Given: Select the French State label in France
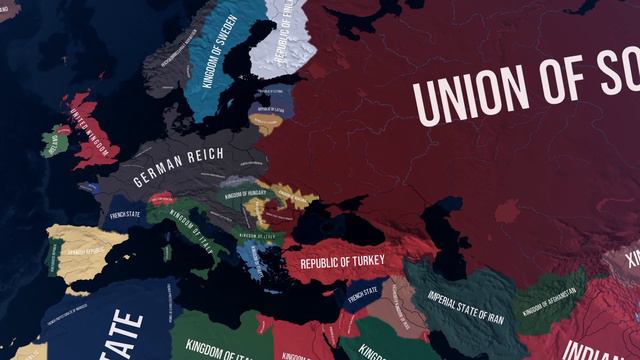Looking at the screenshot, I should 126,213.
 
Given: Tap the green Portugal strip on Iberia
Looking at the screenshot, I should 50,261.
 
